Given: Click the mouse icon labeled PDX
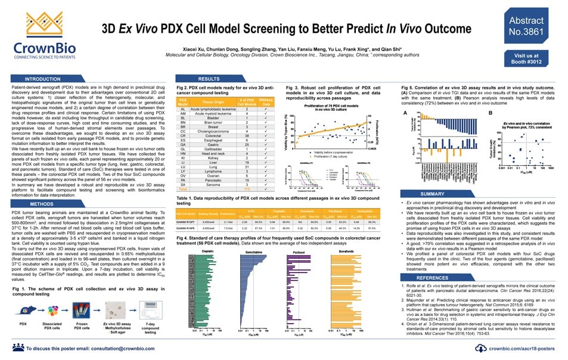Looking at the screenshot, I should tap(23, 311).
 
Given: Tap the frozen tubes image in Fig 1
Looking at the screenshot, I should tap(82, 311).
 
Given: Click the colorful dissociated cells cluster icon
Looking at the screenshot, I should tap(52, 311).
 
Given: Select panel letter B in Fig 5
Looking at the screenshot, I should tap(490, 113).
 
